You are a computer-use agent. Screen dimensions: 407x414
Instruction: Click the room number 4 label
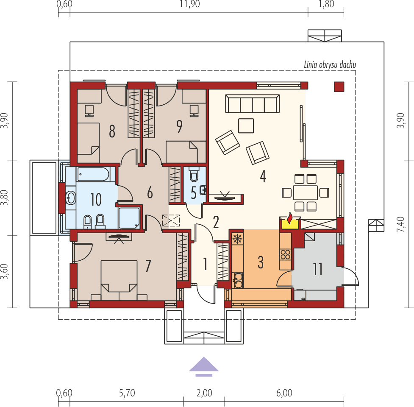[263, 176]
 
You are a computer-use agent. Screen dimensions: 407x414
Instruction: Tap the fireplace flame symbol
[289, 219]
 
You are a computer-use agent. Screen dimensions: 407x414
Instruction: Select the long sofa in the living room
[253, 103]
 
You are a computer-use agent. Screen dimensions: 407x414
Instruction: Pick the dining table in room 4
[305, 192]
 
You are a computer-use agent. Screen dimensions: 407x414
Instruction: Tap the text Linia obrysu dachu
[330, 65]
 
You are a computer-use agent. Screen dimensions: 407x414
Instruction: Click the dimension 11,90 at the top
[189, 5]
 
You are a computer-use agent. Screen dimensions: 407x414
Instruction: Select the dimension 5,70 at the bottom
[127, 393]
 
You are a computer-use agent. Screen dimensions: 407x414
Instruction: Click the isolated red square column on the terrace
[339, 86]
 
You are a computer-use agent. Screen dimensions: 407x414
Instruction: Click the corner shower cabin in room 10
[129, 217]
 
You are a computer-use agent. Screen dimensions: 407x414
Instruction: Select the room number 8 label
[112, 131]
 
